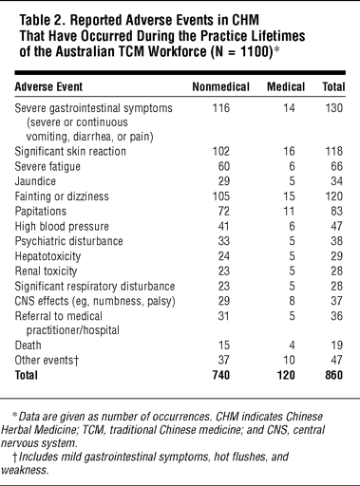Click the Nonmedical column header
[221, 86]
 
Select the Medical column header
[286, 86]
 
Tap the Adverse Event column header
[48, 86]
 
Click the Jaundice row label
[35, 181]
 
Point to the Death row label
[28, 346]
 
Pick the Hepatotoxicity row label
[47, 256]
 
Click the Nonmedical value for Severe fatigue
[224, 166]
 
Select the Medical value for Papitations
[289, 211]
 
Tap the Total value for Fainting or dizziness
[334, 196]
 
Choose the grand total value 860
[333, 375]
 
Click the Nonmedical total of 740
[221, 375]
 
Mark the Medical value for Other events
[289, 360]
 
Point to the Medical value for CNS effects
[292, 301]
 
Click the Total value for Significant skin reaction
[334, 151]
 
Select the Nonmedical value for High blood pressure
[224, 226]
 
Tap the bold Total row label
[27, 375]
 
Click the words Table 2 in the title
[42, 20]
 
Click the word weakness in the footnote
[25, 470]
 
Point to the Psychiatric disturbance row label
[68, 241]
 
